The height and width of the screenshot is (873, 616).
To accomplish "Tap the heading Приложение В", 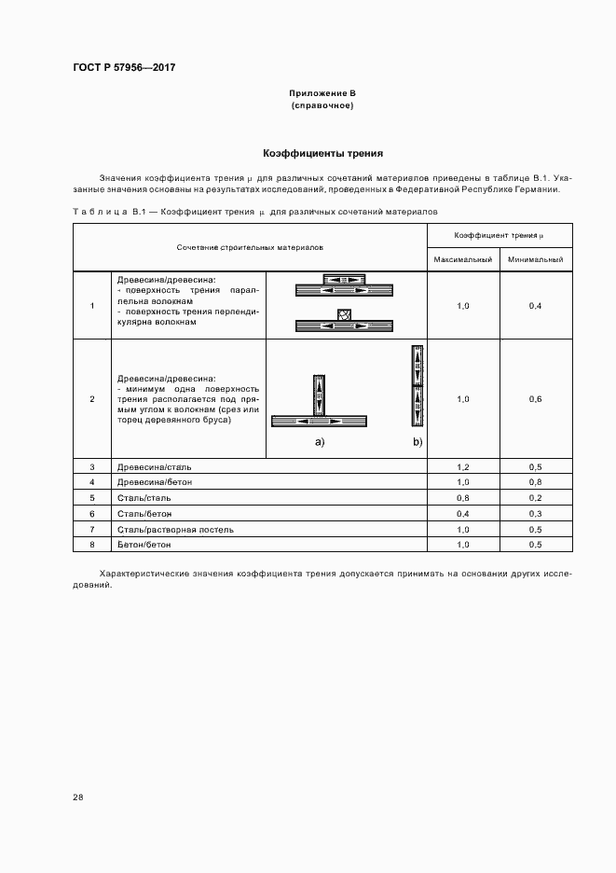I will (x=322, y=94).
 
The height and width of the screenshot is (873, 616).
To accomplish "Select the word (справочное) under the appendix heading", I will (x=322, y=105).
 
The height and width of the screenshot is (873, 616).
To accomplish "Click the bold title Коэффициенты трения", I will (x=322, y=153).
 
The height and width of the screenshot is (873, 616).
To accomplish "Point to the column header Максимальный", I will (x=463, y=258).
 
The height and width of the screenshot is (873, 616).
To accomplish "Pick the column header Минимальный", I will (x=535, y=258).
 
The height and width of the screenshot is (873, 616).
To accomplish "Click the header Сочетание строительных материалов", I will (x=250, y=247).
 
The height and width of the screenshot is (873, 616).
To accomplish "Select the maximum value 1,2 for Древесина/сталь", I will (x=463, y=466).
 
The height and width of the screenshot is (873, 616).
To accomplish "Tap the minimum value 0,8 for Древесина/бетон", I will (x=535, y=482).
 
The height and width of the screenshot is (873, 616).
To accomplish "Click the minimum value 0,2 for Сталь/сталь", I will (x=535, y=498).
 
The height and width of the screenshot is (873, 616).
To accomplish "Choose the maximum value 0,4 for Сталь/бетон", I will (x=463, y=514).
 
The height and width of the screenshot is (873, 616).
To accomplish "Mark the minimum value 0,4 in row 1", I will (x=535, y=306).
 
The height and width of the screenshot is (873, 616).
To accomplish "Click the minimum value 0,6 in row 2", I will (x=535, y=399).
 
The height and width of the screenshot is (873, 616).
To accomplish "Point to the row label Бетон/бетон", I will (x=144, y=545).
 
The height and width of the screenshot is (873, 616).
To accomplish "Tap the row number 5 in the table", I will (x=92, y=498).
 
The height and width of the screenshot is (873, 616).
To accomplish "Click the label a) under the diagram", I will (x=320, y=441).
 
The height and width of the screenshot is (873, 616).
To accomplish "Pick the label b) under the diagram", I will (x=418, y=441).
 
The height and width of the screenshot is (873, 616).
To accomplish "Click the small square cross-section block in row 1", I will (x=344, y=314).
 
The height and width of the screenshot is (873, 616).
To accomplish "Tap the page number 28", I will (x=78, y=797).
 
